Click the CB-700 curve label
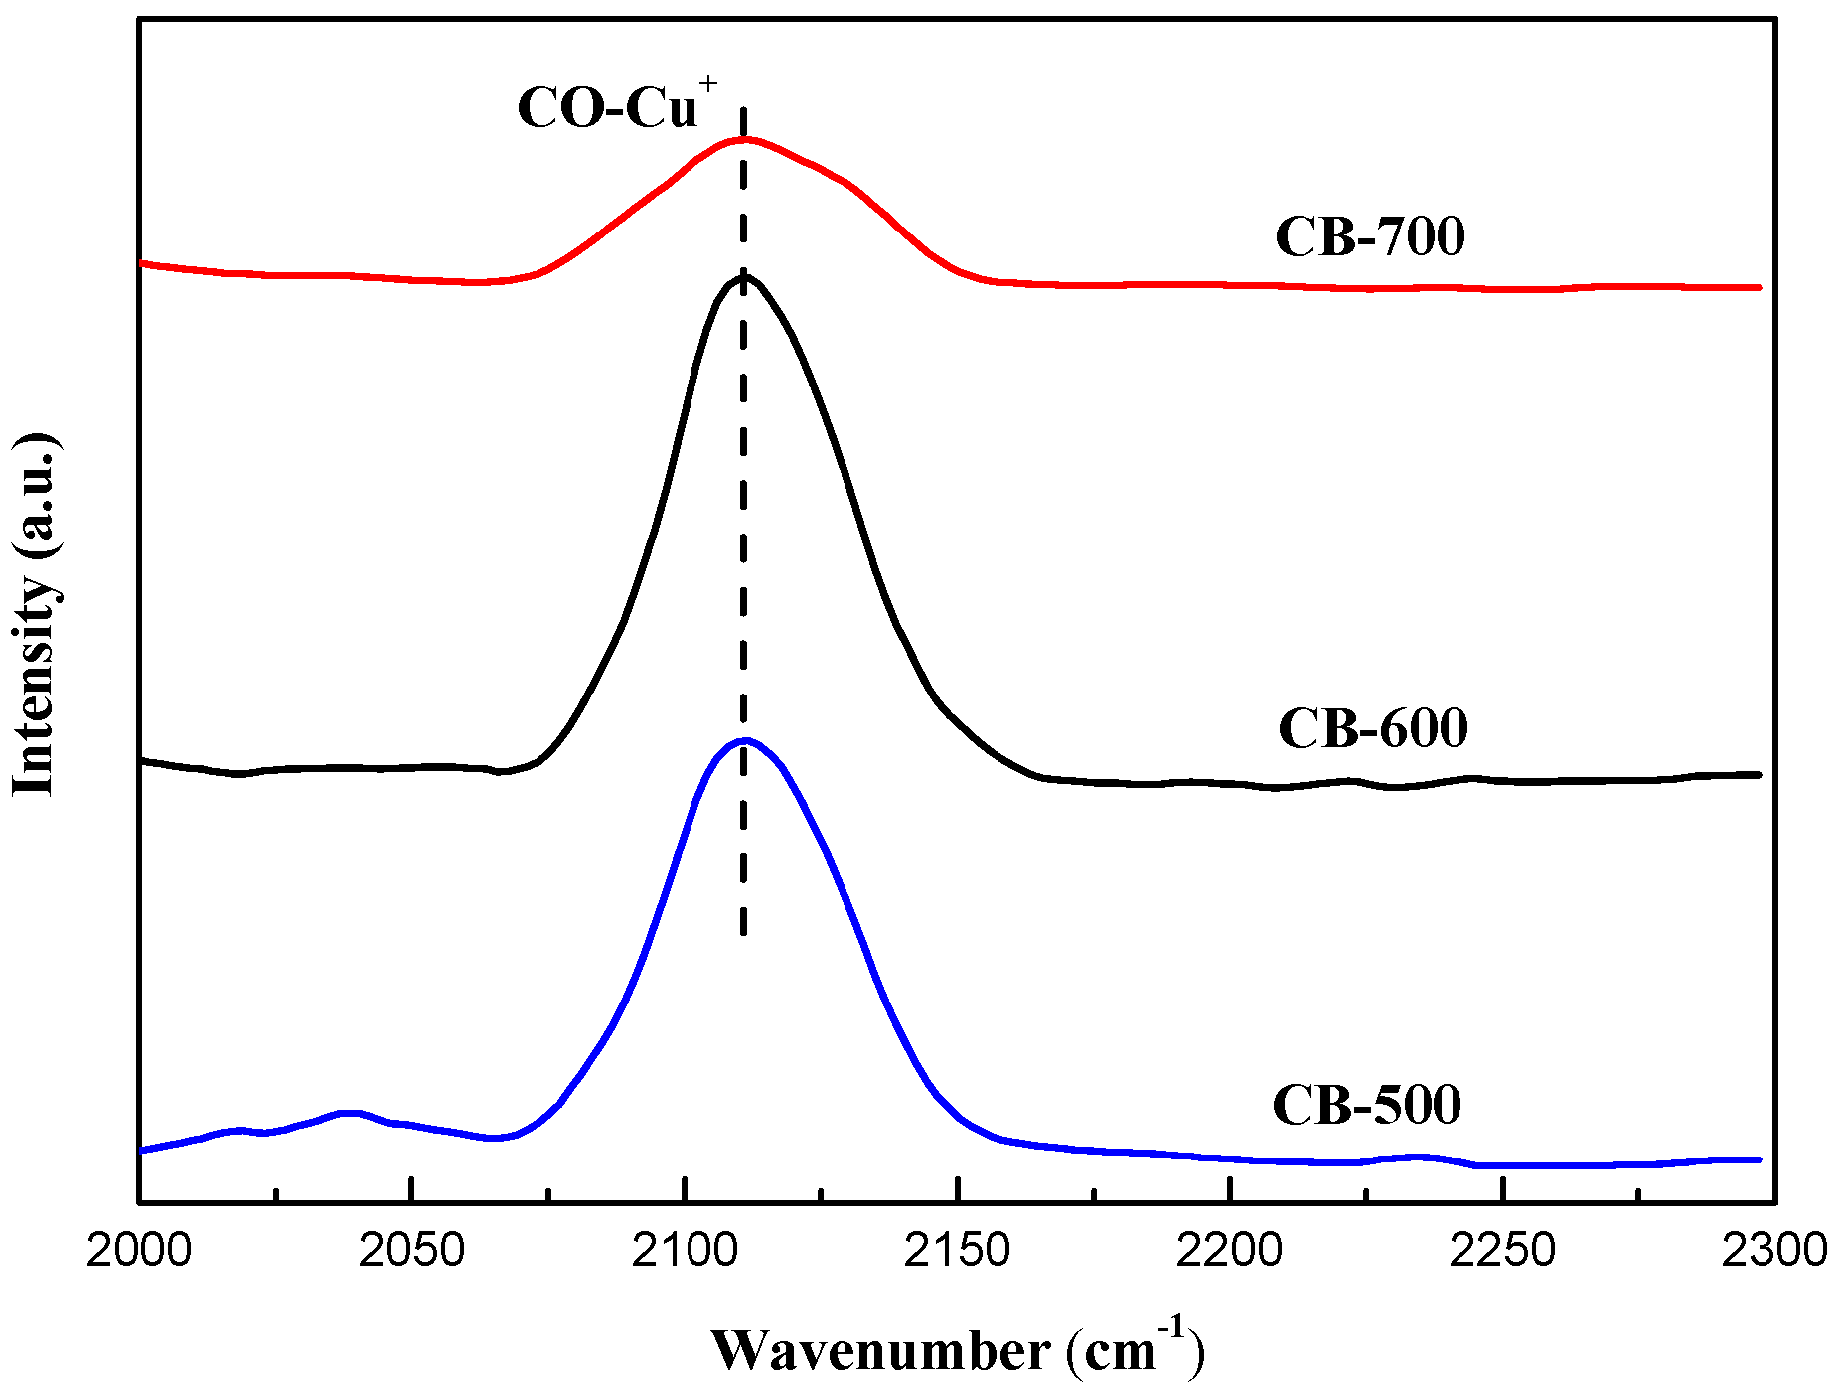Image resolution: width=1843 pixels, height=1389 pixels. [1369, 236]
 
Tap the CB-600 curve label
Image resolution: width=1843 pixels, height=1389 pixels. [1372, 728]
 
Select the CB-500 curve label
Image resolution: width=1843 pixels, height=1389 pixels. [1366, 1104]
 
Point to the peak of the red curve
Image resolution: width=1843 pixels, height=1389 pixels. [744, 139]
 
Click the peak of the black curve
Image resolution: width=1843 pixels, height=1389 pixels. [744, 276]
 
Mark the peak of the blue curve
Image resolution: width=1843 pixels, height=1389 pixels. [745, 740]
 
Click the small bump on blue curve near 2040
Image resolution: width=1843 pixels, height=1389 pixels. [347, 1113]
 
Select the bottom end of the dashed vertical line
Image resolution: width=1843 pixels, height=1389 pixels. [743, 934]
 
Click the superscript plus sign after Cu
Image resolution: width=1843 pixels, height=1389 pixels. [707, 84]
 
